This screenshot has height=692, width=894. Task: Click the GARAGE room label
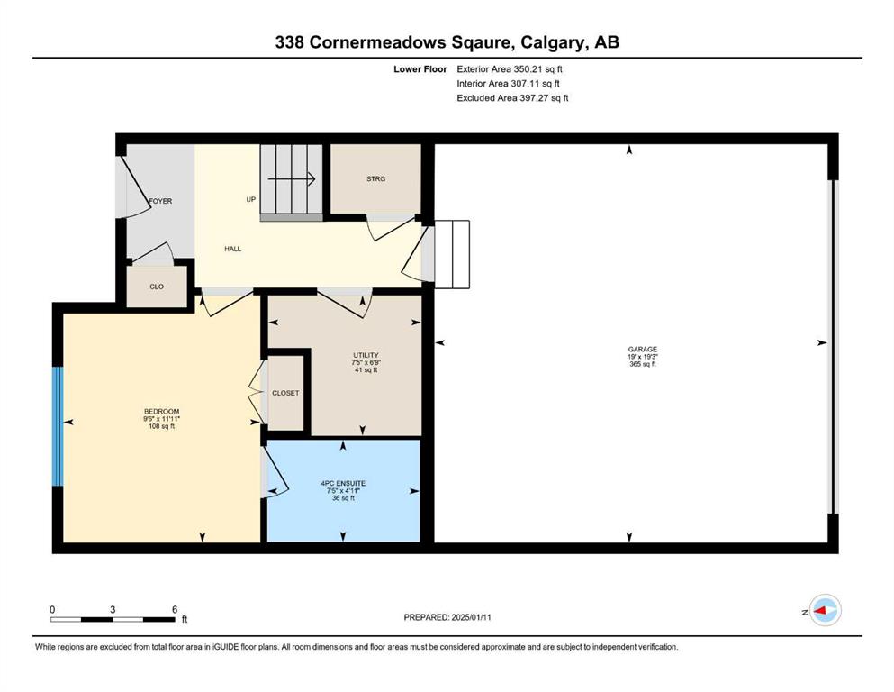643,349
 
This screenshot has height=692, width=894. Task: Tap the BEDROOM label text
161,411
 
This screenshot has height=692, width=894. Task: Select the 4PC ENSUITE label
343,483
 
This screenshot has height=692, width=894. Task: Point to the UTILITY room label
366,355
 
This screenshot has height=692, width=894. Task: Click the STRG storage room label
375,178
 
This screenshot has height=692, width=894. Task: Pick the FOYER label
160,201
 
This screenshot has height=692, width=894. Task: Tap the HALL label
232,249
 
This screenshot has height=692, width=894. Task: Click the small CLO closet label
157,287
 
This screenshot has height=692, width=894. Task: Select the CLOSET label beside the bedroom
285,393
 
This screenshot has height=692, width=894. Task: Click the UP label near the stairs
251,200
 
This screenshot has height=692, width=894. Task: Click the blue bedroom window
57,426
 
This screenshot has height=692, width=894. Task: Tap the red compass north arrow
820,611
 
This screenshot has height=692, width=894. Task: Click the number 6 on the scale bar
175,609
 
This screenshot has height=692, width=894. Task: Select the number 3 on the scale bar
113,609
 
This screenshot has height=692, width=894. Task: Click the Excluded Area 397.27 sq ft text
512,97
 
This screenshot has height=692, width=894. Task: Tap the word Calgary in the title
553,42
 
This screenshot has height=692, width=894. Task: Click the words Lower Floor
420,69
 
